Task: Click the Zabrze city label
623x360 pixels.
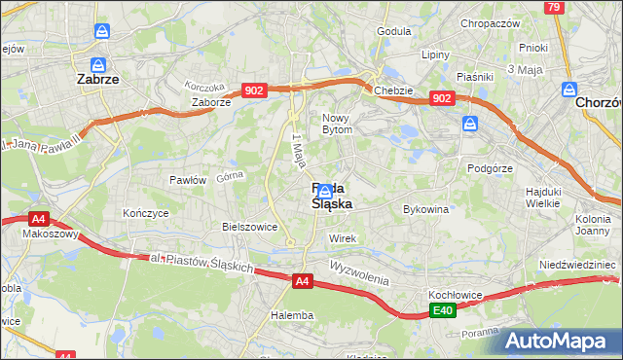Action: pyautogui.click(x=97, y=81)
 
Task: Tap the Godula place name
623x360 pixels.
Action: pyautogui.click(x=393, y=31)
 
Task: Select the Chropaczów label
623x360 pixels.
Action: pyautogui.click(x=491, y=23)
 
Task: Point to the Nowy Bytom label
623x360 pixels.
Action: pyautogui.click(x=343, y=123)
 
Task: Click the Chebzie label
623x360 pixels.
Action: pyautogui.click(x=393, y=90)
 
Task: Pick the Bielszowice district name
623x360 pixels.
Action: pyautogui.click(x=250, y=227)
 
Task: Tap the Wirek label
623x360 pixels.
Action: pyautogui.click(x=343, y=238)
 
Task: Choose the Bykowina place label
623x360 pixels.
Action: pyautogui.click(x=425, y=209)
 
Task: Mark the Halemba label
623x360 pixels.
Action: pyautogui.click(x=292, y=315)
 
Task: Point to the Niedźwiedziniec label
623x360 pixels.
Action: pyautogui.click(x=577, y=265)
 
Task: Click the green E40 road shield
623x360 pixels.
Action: pyautogui.click(x=443, y=311)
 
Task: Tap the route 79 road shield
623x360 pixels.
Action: pyautogui.click(x=554, y=8)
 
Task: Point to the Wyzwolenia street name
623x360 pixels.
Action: pyautogui.click(x=359, y=272)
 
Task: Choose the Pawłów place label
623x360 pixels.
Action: pyautogui.click(x=188, y=180)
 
